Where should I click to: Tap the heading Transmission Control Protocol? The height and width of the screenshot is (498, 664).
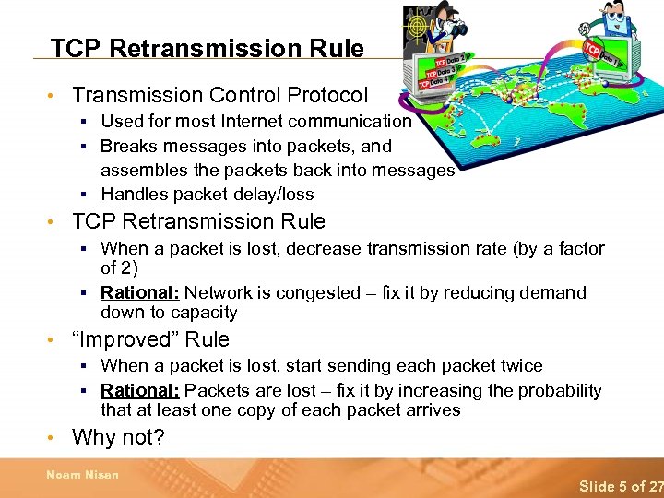pos(219,95)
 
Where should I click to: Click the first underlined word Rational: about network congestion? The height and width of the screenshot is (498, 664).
pos(140,293)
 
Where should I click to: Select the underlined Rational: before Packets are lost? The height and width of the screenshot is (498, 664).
pos(140,391)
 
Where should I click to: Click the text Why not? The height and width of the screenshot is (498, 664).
pos(118,437)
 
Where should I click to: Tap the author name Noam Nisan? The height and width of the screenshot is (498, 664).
pos(83,475)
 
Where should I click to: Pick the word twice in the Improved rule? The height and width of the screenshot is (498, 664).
pos(519,366)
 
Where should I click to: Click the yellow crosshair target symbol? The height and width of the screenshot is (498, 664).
pos(418,20)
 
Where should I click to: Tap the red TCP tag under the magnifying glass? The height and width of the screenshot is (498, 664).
pos(593,49)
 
